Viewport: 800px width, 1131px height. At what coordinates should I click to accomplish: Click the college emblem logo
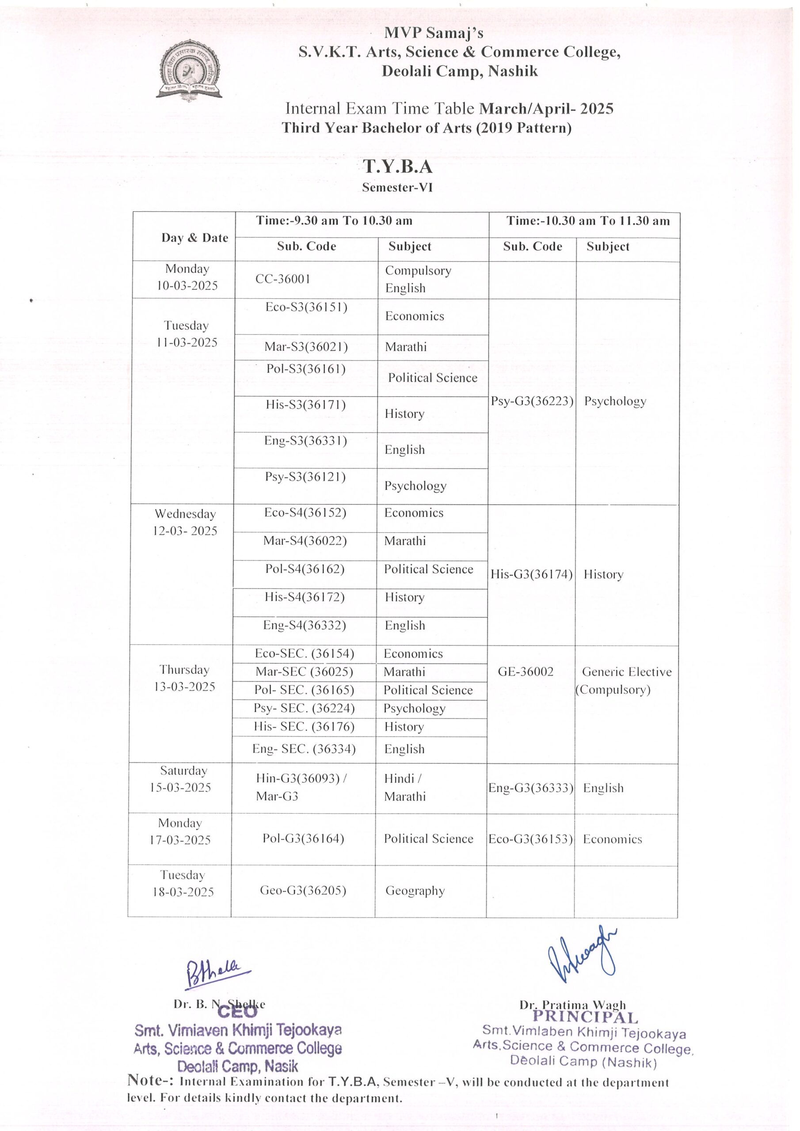pyautogui.click(x=189, y=70)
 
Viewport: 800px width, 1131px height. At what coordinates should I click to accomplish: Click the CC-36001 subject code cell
pyautogui.click(x=283, y=279)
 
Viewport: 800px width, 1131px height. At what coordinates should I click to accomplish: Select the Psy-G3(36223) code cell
pyautogui.click(x=532, y=401)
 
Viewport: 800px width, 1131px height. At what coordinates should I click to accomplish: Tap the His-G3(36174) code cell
pyautogui.click(x=531, y=574)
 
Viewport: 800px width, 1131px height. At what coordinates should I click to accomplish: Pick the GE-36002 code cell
pyautogui.click(x=526, y=672)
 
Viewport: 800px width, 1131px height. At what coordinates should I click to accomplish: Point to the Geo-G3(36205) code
pyautogui.click(x=303, y=890)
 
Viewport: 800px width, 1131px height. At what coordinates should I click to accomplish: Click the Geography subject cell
pyautogui.click(x=415, y=891)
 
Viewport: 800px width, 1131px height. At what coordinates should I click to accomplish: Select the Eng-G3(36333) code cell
pyautogui.click(x=531, y=788)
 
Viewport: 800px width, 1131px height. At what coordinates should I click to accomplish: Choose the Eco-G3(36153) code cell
pyautogui.click(x=530, y=839)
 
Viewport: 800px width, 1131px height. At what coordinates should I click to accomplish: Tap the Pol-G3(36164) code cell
pyautogui.click(x=303, y=839)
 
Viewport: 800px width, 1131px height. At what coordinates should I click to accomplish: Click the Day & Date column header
pyautogui.click(x=195, y=238)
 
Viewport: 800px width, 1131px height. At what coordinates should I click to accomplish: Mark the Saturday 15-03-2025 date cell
pyautogui.click(x=181, y=779)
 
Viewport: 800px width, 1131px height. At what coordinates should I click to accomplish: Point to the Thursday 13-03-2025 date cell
pyautogui.click(x=184, y=678)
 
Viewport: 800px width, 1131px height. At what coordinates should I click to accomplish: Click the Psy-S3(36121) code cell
pyautogui.click(x=305, y=477)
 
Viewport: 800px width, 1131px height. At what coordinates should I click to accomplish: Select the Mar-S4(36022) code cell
pyautogui.click(x=305, y=541)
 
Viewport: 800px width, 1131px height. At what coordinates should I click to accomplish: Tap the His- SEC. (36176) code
pyautogui.click(x=304, y=727)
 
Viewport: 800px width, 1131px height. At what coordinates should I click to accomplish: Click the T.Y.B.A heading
pyautogui.click(x=398, y=167)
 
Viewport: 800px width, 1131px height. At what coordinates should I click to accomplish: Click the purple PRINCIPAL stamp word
pyautogui.click(x=585, y=1017)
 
